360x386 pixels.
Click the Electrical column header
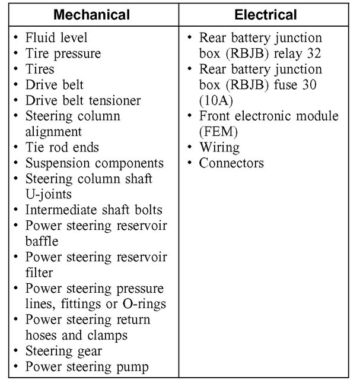[x=265, y=14]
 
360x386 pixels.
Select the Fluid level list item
[x=56, y=38]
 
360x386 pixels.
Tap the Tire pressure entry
[x=63, y=53]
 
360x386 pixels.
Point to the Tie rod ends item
[x=62, y=147]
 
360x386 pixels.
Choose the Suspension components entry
[x=94, y=163]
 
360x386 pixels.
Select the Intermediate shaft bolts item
[x=94, y=210]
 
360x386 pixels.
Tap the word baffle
[x=42, y=241]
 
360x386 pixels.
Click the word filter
[x=39, y=273]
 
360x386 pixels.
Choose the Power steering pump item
[x=87, y=367]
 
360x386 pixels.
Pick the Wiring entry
[x=219, y=147]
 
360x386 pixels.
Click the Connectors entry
[x=231, y=163]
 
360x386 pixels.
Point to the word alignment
[x=54, y=132]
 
